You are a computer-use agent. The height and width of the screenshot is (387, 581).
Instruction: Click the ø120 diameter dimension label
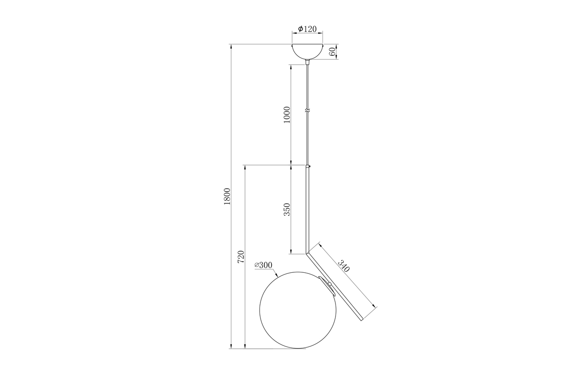307,29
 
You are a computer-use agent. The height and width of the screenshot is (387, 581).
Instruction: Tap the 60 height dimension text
333,52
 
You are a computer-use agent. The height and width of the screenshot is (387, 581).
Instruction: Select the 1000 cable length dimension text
286,115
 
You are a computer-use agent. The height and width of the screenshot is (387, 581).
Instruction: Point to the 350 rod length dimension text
286,209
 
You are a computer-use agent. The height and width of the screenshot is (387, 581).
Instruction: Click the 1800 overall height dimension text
227,196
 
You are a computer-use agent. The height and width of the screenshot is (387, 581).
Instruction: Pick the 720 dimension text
241,257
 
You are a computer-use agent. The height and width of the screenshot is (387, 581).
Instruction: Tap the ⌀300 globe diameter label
263,265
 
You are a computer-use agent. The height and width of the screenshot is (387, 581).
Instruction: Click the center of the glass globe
296,312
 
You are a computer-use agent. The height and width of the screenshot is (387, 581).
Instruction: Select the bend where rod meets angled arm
307,252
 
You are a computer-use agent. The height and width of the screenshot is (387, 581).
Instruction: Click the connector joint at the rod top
307,166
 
